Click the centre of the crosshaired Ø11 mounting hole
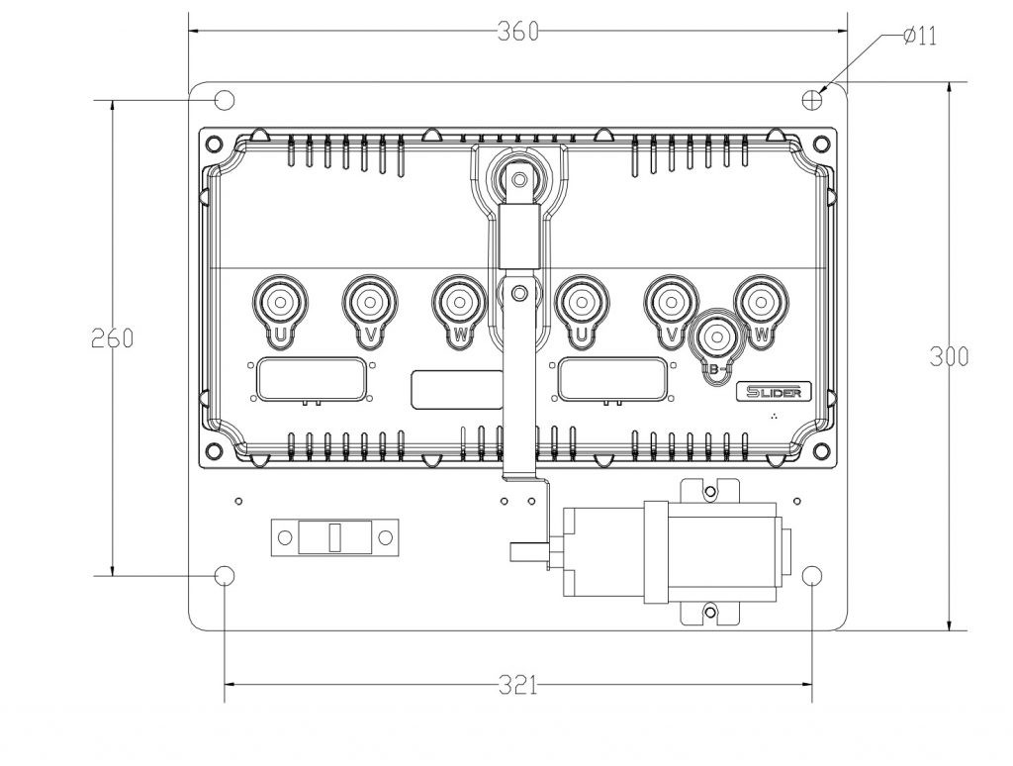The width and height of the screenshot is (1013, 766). tap(812, 100)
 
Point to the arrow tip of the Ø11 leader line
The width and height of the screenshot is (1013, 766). tap(818, 93)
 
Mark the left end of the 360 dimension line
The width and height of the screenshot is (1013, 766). tap(189, 31)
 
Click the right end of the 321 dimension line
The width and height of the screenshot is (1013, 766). tap(812, 684)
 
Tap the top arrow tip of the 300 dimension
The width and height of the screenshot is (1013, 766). tap(949, 83)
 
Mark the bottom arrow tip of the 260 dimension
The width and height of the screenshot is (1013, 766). tap(113, 575)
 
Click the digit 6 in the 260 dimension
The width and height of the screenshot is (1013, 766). tap(113, 338)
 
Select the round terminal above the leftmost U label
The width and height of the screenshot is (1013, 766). tap(280, 301)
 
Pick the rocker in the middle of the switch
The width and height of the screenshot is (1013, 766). tap(334, 537)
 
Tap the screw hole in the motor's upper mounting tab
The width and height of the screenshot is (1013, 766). tap(710, 493)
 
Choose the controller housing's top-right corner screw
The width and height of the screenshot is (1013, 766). tap(820, 143)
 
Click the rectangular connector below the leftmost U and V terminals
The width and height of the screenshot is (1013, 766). tap(309, 379)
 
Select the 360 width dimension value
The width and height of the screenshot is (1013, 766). tap(518, 31)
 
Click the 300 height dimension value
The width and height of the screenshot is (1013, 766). tap(949, 357)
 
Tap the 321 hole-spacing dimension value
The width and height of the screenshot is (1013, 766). tap(518, 685)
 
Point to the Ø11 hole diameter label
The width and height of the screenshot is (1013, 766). tap(920, 37)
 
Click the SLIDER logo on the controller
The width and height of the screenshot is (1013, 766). tap(774, 392)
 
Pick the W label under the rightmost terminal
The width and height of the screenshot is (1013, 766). tap(762, 335)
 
